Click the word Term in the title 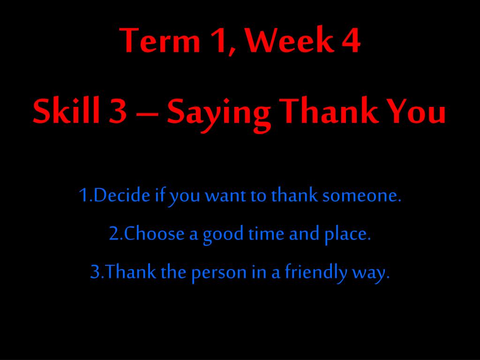(160, 40)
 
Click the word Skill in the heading (66, 110)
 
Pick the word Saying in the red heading (218, 114)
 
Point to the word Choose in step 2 (154, 233)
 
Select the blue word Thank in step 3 (130, 271)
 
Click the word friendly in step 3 (316, 272)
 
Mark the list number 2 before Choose (113, 233)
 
